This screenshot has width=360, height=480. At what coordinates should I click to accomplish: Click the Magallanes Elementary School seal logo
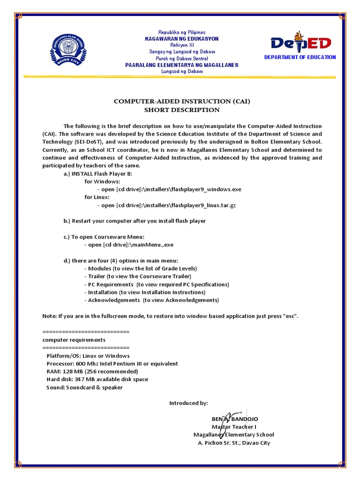pyautogui.click(x=71, y=52)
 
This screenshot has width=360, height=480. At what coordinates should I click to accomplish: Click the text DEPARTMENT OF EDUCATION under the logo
pyautogui.click(x=300, y=57)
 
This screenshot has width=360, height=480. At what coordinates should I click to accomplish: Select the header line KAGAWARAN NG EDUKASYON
pyautogui.click(x=181, y=38)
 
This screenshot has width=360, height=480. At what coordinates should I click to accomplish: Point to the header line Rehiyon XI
pyautogui.click(x=181, y=45)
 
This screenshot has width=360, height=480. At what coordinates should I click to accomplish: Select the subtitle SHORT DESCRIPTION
pyautogui.click(x=181, y=110)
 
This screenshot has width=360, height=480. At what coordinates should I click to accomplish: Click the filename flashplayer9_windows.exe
pyautogui.click(x=206, y=189)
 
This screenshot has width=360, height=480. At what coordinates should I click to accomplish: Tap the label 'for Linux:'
pyautogui.click(x=97, y=197)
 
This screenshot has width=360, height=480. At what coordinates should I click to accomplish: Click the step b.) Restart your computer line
pyautogui.click(x=135, y=221)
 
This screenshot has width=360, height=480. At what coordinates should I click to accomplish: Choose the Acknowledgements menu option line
pyautogui.click(x=151, y=300)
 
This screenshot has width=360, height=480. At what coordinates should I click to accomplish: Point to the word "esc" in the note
pyautogui.click(x=290, y=316)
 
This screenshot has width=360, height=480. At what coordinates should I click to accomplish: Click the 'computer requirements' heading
pyautogui.click(x=74, y=340)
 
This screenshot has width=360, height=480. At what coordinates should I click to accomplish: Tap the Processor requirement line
pyautogui.click(x=112, y=364)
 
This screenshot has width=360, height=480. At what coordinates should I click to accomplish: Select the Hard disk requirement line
pyautogui.click(x=97, y=379)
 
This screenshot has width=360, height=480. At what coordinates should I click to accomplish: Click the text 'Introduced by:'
pyautogui.click(x=188, y=403)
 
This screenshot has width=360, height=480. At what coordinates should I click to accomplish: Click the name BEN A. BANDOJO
pyautogui.click(x=234, y=419)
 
